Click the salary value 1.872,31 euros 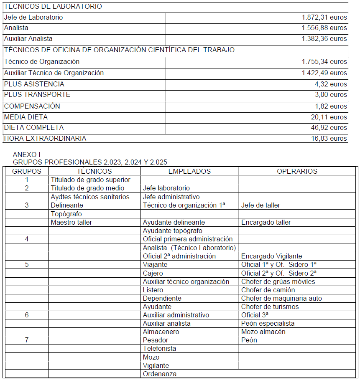click(x=324, y=18)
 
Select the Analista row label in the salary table click(x=16, y=28)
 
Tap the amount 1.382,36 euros click(x=324, y=39)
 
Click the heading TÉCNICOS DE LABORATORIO click(x=53, y=7)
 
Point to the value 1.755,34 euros click(x=324, y=62)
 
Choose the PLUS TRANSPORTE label click(x=37, y=95)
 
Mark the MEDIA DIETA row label click(x=26, y=117)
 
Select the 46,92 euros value click(x=329, y=128)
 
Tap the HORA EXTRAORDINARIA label click(x=45, y=138)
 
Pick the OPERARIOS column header click(x=297, y=171)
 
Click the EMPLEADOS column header click(x=189, y=171)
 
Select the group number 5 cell click(x=27, y=265)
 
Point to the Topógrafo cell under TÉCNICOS click(x=66, y=214)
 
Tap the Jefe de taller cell click(x=260, y=205)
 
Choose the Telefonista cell click(x=159, y=349)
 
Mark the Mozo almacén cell click(x=263, y=332)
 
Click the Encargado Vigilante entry click(x=271, y=256)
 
